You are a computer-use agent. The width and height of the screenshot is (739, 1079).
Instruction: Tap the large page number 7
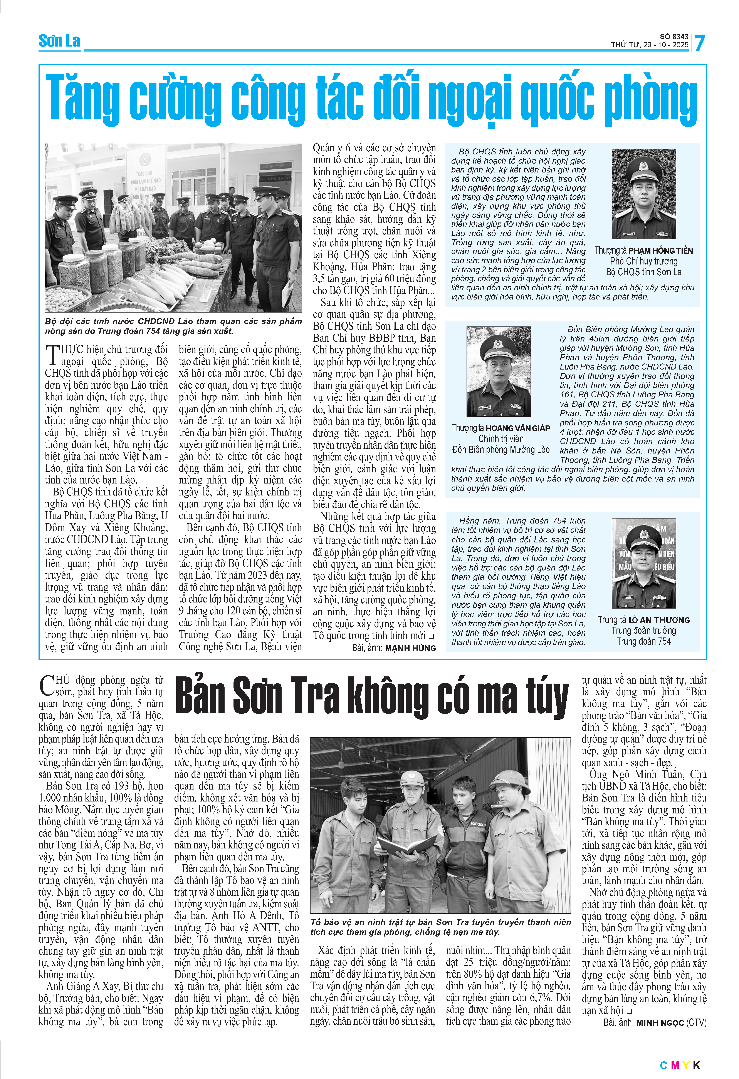699,43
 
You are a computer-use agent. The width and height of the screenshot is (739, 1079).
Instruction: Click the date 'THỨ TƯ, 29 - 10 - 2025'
649,45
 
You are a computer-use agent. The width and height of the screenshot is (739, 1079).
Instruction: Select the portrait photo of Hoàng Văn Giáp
498,371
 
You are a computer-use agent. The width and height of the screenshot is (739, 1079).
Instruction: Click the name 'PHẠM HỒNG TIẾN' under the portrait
660,251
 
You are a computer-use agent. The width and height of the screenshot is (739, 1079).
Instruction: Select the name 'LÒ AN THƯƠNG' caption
659,620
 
